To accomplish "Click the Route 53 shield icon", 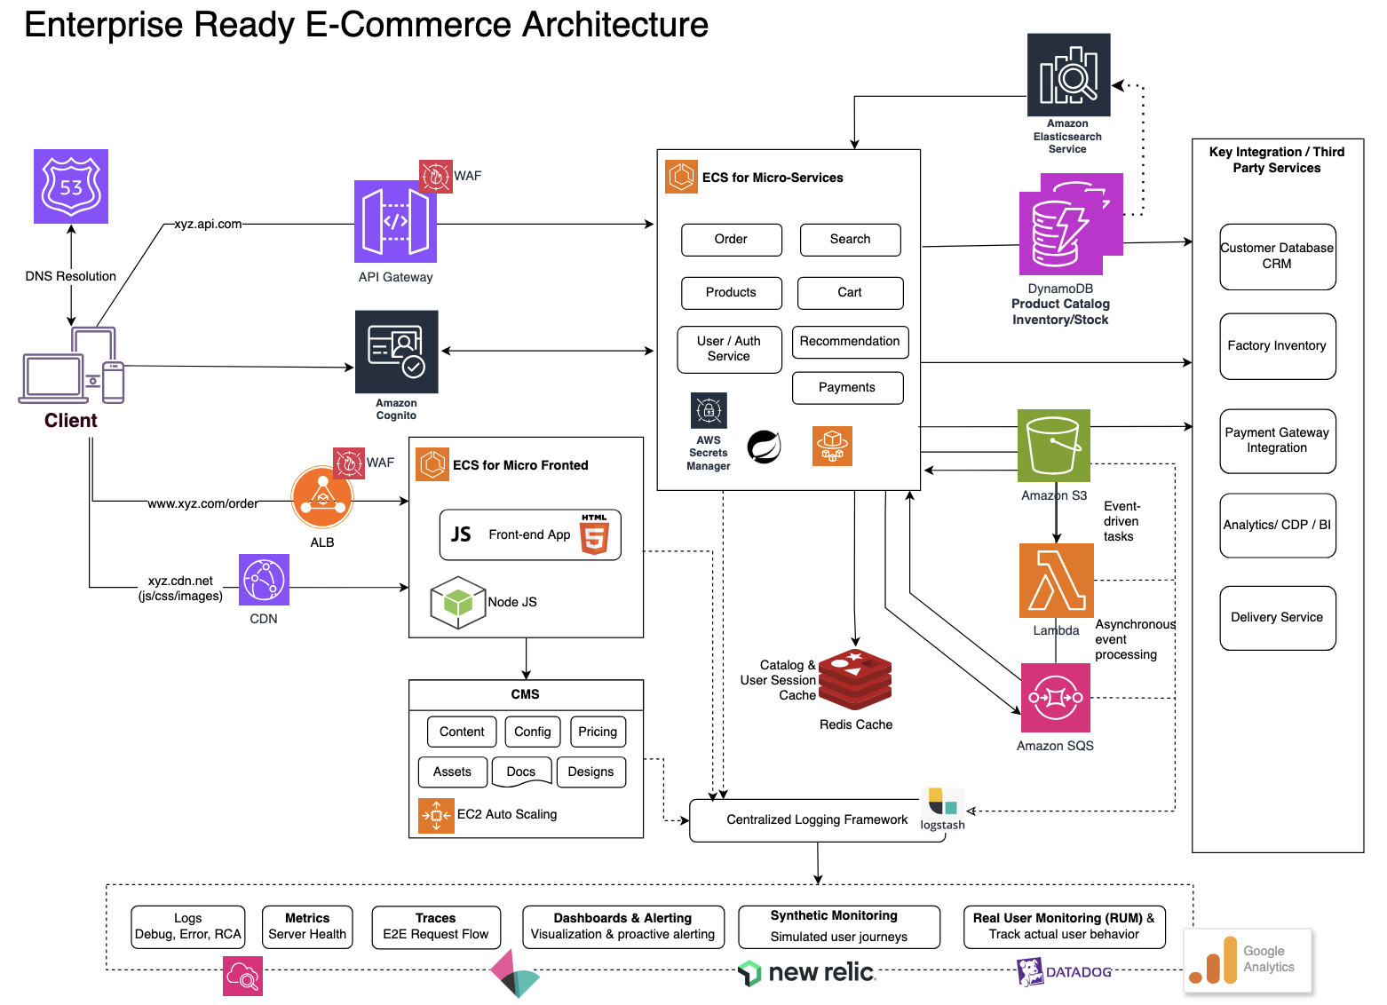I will point(71,186).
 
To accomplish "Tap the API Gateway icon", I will point(395,221).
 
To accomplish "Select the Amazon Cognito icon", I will point(396,352).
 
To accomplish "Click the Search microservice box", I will point(850,240).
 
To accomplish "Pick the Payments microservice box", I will point(847,388).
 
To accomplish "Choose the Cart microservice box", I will point(850,293).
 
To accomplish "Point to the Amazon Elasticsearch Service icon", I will point(1068,75).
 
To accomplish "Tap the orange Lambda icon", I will point(1056,581).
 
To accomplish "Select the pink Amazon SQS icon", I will point(1055,698).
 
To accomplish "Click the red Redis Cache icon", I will point(855,680).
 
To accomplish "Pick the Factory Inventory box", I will point(1277,346).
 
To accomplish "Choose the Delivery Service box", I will point(1277,618).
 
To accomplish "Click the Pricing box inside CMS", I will point(598,732).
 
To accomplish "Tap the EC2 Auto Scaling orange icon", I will point(436,815).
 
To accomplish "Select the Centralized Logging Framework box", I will point(817,820).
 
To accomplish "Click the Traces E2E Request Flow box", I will point(435,927).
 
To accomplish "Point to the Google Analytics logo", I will point(1248,961).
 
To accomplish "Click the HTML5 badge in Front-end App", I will point(594,535).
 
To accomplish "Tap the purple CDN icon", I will point(264,580).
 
